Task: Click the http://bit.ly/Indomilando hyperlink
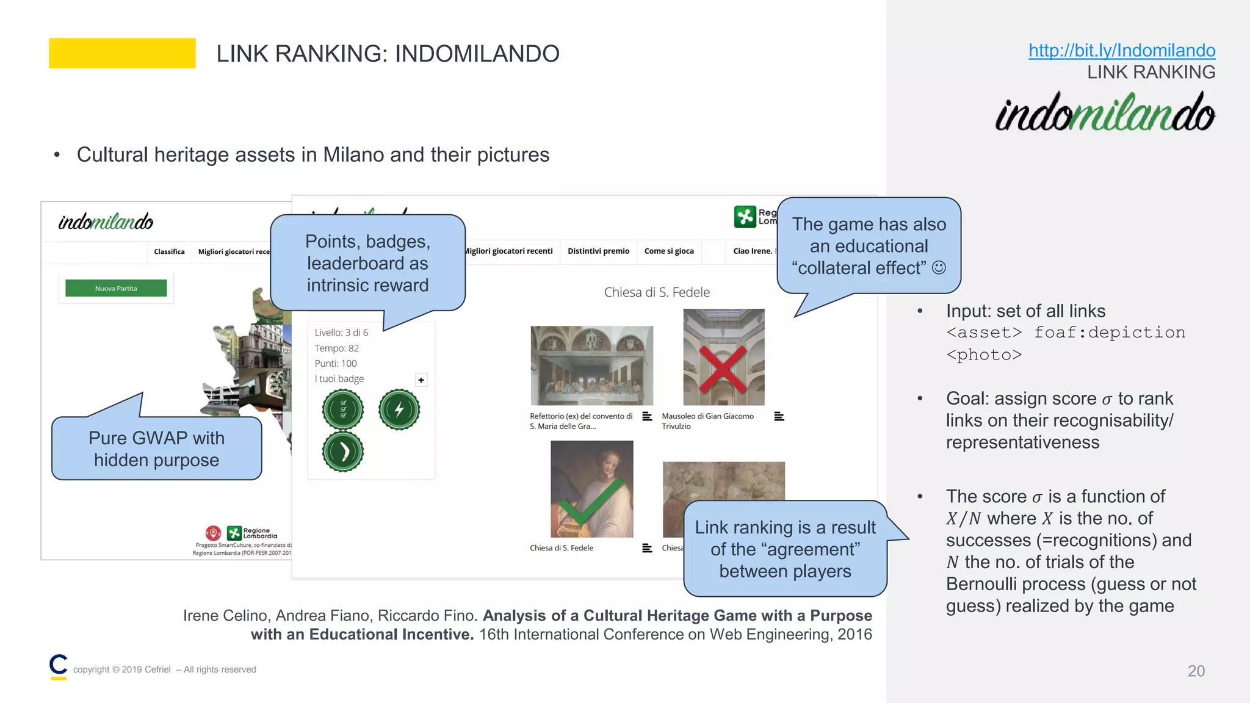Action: pyautogui.click(x=1121, y=50)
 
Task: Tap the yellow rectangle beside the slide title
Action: pyautogui.click(x=122, y=53)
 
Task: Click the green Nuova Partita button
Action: pyautogui.click(x=116, y=288)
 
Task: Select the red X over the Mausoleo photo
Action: pyautogui.click(x=723, y=369)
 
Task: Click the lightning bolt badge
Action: pyautogui.click(x=399, y=409)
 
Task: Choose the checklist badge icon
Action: pyautogui.click(x=343, y=409)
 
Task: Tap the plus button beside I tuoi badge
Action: pyautogui.click(x=421, y=380)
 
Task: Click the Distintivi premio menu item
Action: pyautogui.click(x=598, y=251)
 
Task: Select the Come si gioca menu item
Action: pyautogui.click(x=669, y=251)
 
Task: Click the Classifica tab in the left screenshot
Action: pyautogui.click(x=169, y=251)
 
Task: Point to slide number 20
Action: pyautogui.click(x=1196, y=671)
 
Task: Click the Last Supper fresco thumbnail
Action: pyautogui.click(x=591, y=366)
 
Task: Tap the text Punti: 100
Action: pyautogui.click(x=336, y=364)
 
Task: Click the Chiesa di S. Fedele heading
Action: pyautogui.click(x=657, y=292)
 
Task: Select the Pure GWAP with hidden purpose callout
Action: pyautogui.click(x=157, y=449)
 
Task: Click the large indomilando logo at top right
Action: pyautogui.click(x=1105, y=112)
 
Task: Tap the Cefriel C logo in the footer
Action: pyautogui.click(x=59, y=666)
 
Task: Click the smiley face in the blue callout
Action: pyautogui.click(x=939, y=267)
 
